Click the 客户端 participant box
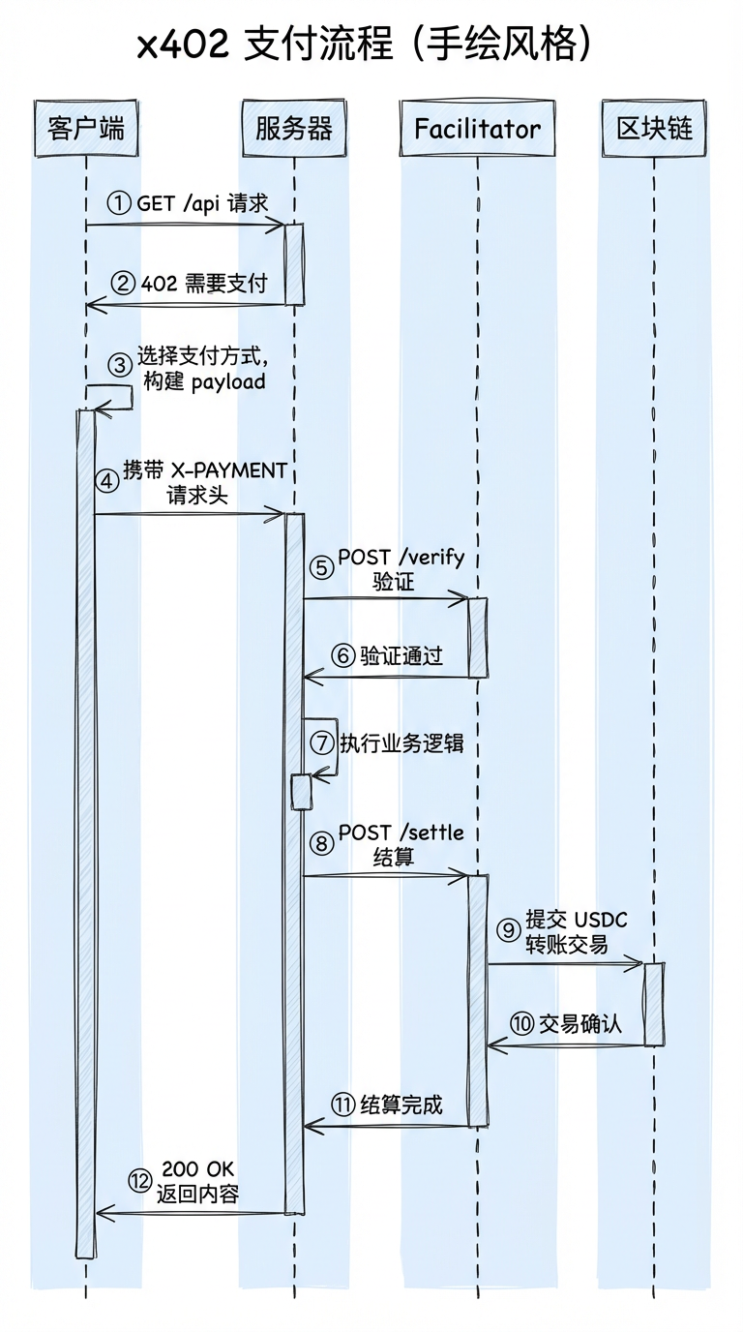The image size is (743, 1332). pyautogui.click(x=85, y=128)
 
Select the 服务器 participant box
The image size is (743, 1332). pyautogui.click(x=294, y=128)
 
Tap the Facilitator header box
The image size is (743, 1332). pyautogui.click(x=477, y=128)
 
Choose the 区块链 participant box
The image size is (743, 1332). pyautogui.click(x=655, y=128)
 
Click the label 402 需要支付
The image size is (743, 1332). pyautogui.click(x=204, y=284)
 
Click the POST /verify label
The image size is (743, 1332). pyautogui.click(x=401, y=558)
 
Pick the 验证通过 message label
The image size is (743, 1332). pyautogui.click(x=401, y=655)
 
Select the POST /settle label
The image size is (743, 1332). pyautogui.click(x=401, y=832)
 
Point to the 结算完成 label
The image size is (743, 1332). pyautogui.click(x=401, y=1105)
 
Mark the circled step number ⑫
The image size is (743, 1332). pyautogui.click(x=140, y=1180)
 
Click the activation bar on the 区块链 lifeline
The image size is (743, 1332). pyautogui.click(x=654, y=1004)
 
